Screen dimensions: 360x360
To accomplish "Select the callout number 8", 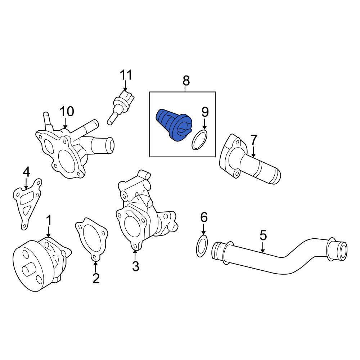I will [186, 81].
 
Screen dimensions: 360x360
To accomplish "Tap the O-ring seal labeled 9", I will [200, 140].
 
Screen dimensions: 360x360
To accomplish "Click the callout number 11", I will [126, 75].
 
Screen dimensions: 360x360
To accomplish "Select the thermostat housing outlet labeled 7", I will [248, 162].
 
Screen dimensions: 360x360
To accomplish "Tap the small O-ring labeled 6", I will [203, 247].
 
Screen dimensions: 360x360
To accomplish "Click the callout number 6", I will [204, 217].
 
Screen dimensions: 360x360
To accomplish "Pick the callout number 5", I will [263, 236].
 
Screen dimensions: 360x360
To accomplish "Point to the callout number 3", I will [135, 266].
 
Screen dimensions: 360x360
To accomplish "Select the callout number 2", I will [96, 278].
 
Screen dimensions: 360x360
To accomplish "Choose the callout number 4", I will [26, 172].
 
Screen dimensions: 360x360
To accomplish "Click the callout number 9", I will [205, 112].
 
